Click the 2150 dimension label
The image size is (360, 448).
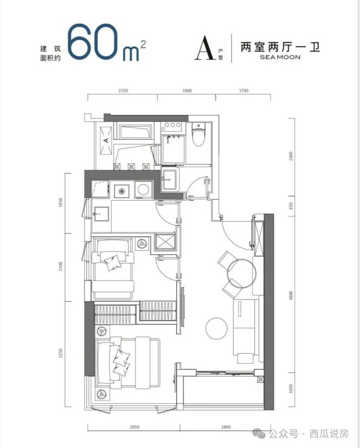[123, 91]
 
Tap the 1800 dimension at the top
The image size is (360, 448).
[187, 91]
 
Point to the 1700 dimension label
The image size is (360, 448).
[244, 91]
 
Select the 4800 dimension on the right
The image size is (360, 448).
[291, 295]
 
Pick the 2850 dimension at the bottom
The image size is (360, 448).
[134, 427]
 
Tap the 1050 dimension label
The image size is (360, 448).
[291, 389]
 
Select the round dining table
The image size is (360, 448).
[241, 274]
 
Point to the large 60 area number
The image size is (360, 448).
[93, 42]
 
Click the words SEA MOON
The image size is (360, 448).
[280, 57]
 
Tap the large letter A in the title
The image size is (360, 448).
[205, 48]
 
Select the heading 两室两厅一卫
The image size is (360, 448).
[280, 47]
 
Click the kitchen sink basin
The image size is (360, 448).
[101, 214]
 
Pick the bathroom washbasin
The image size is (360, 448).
[170, 179]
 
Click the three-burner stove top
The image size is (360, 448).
[171, 125]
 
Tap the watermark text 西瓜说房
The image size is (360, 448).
[329, 434]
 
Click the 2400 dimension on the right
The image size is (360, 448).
[291, 156]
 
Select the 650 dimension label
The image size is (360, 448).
[291, 205]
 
